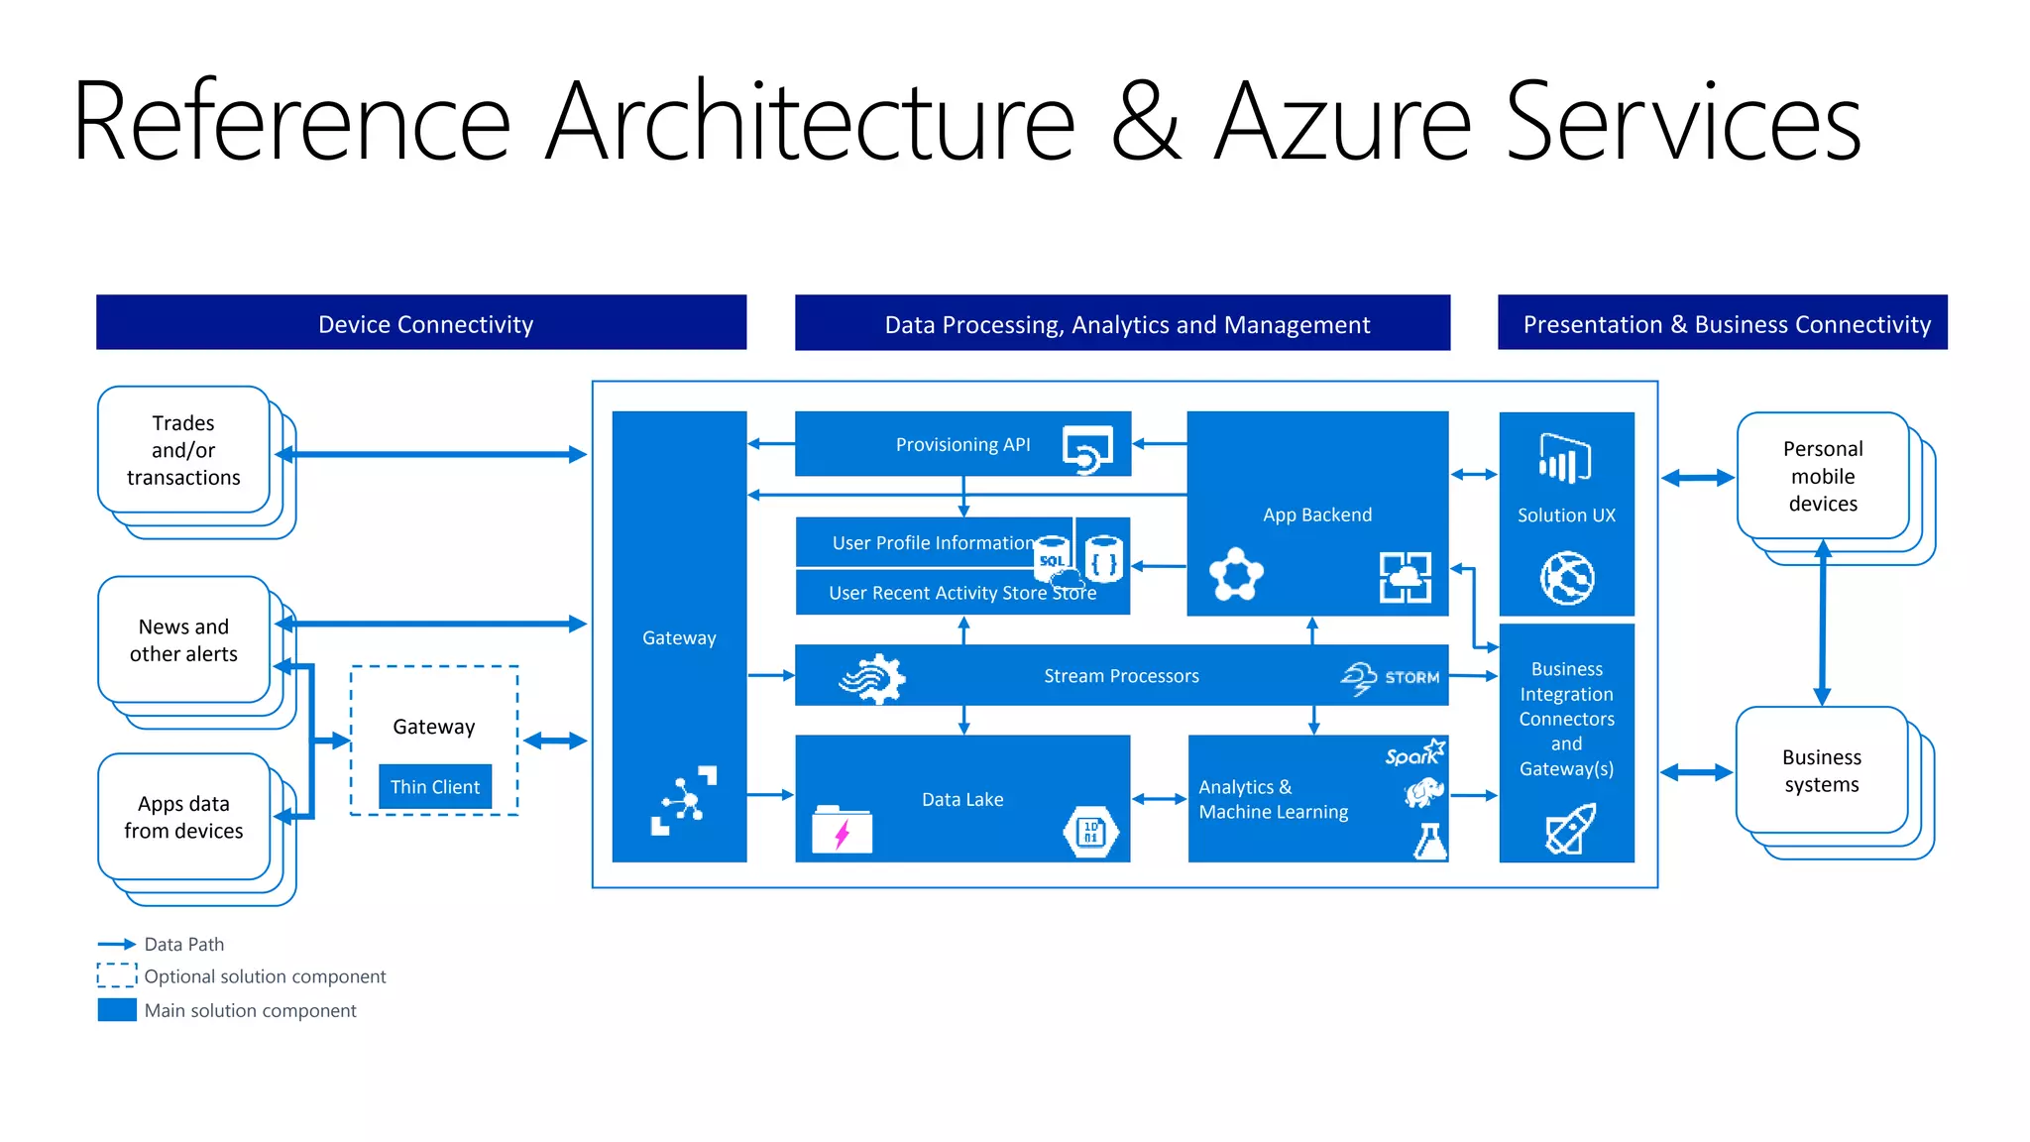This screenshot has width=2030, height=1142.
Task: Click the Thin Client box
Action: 434,787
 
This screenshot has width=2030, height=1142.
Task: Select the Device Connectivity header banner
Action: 421,323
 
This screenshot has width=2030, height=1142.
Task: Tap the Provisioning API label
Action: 962,445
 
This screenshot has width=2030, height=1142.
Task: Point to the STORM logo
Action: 1392,678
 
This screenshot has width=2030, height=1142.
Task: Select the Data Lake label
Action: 962,799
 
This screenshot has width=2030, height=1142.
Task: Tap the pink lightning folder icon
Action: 842,830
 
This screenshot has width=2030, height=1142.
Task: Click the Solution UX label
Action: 1566,515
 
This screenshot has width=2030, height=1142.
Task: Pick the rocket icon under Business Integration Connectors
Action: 1570,829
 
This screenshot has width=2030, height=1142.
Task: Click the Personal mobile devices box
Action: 1823,477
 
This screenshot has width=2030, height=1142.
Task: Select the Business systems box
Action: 1822,771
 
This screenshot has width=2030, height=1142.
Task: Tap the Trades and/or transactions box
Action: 183,450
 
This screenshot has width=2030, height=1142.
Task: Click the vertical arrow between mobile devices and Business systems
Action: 1822,623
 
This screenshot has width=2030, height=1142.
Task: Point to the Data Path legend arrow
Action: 117,944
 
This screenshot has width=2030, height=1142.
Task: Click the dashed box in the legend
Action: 117,975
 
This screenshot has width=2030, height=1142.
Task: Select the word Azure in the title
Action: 1343,123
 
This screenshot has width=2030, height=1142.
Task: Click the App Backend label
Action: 1317,514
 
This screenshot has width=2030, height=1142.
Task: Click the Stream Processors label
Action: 1121,676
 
